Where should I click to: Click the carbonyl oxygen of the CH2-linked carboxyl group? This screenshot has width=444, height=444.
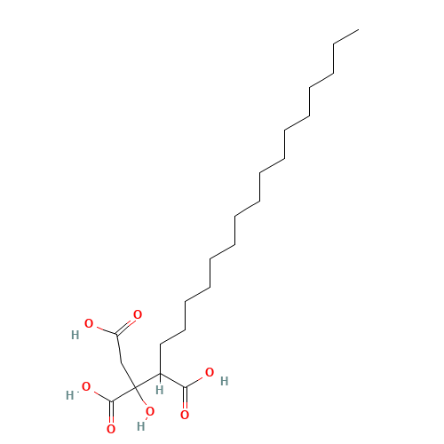[137, 314]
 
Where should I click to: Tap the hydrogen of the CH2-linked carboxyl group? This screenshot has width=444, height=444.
[75, 336]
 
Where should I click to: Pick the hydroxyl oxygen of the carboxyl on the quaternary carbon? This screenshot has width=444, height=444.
[86, 387]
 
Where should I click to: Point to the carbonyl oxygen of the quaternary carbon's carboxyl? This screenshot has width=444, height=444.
[111, 429]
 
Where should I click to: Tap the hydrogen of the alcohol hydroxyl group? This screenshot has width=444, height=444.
[139, 426]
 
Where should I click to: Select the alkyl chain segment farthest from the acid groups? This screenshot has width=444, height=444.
[345, 36]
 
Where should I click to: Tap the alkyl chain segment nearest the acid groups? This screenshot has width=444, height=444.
[172, 336]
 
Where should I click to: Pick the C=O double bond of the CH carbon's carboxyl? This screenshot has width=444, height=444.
[185, 400]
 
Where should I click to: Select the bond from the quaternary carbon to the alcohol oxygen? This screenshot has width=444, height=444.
[141, 400]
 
